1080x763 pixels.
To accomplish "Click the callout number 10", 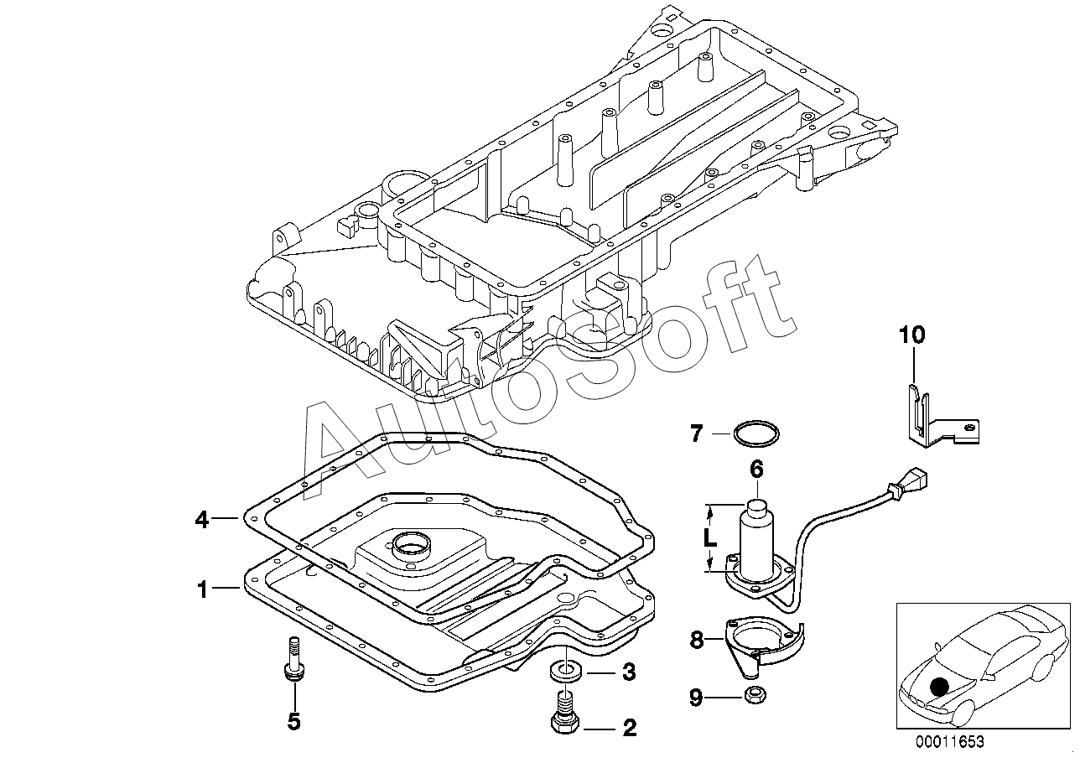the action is tap(912, 335).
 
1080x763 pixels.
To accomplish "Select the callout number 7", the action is tap(697, 433).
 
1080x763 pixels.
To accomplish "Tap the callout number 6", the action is tap(756, 469).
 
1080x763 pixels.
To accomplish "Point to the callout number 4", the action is tap(202, 520).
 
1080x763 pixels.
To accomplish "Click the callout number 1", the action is tap(203, 589).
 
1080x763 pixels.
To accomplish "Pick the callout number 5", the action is tap(293, 721).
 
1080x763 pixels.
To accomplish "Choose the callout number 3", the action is tap(629, 672).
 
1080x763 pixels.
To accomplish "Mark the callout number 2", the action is tap(629, 728).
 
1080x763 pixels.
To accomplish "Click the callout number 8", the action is tap(697, 641).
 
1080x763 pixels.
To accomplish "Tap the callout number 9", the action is tap(697, 698).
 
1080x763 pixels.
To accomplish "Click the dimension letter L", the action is tap(710, 539).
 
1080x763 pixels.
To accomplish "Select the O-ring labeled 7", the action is tap(756, 433).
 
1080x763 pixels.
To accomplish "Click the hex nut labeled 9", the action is tap(755, 695).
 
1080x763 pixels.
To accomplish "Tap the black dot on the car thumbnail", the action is tap(940, 688).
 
